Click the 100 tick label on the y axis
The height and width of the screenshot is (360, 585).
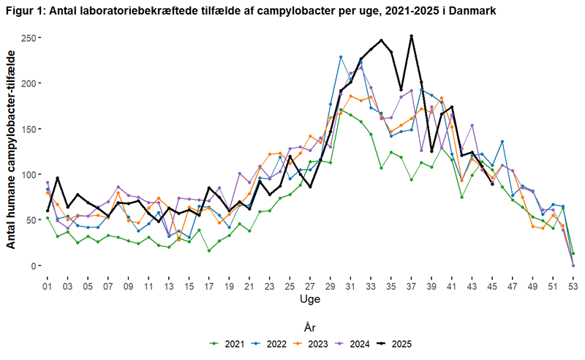click(x=29, y=174)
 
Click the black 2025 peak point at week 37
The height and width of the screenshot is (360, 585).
click(x=412, y=36)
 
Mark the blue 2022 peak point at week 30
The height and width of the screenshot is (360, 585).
click(x=341, y=57)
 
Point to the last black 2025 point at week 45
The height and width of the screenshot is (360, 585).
click(x=493, y=184)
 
